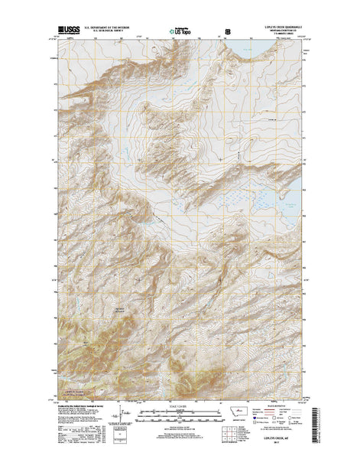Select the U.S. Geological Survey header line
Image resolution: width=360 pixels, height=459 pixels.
(x=102, y=34)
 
